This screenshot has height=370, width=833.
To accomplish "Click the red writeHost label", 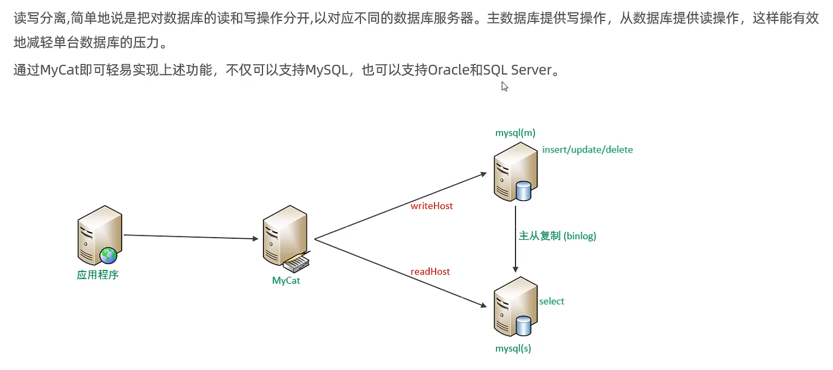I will tap(432, 206).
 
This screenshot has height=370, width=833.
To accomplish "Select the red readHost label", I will tap(430, 271).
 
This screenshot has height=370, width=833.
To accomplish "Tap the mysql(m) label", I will tap(515, 133).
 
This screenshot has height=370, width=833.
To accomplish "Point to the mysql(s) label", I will tap(513, 349).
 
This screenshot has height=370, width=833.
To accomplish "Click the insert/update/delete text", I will tap(587, 150).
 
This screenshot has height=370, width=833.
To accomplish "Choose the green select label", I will tap(552, 301).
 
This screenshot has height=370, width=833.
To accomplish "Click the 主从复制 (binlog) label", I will tap(557, 236).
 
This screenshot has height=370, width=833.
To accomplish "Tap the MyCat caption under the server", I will tap(286, 281).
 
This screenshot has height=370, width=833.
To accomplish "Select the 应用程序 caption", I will tap(98, 275).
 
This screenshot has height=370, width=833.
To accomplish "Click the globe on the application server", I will tap(108, 255).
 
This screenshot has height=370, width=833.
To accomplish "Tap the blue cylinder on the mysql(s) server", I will tap(523, 326).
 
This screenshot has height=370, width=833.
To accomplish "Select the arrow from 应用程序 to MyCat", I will tap(190, 237).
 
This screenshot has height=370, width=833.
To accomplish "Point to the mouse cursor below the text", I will tap(504, 86).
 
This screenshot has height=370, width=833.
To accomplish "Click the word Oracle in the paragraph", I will tap(448, 70).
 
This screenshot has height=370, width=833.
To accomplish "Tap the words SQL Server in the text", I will tap(517, 70).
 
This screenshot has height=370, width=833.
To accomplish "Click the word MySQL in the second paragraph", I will tap(326, 70).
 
